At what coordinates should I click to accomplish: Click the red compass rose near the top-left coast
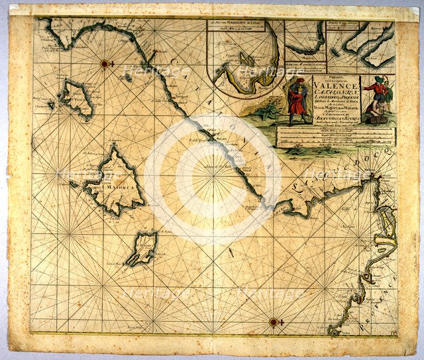tap(105, 64)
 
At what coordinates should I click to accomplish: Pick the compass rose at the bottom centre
tap(273, 322)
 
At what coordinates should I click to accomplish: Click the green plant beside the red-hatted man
tap(268, 111)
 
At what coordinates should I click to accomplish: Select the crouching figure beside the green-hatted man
tap(379, 111)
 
